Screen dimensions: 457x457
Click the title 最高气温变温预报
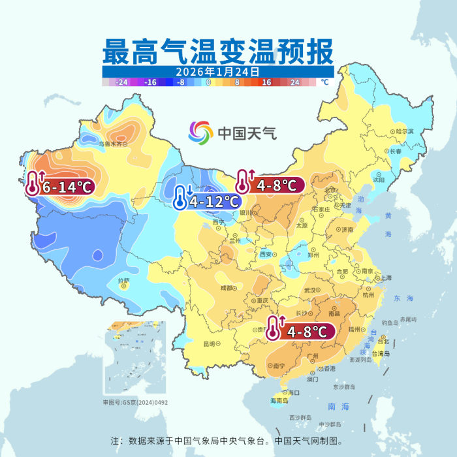pos(218,51)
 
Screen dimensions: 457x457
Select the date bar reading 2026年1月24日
pos(218,72)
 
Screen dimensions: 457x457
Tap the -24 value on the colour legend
pos(121,83)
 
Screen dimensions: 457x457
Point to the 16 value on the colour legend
pos(266,83)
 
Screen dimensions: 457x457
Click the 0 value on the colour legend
pos(208,83)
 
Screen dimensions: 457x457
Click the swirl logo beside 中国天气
pos(200,134)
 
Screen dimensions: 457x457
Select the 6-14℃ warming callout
pos(61,187)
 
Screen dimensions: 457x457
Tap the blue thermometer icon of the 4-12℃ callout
pos(181,197)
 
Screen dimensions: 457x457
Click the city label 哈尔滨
pos(405,131)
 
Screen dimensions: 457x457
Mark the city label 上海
pos(385,277)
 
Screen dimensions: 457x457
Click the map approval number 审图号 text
pos(135,403)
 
